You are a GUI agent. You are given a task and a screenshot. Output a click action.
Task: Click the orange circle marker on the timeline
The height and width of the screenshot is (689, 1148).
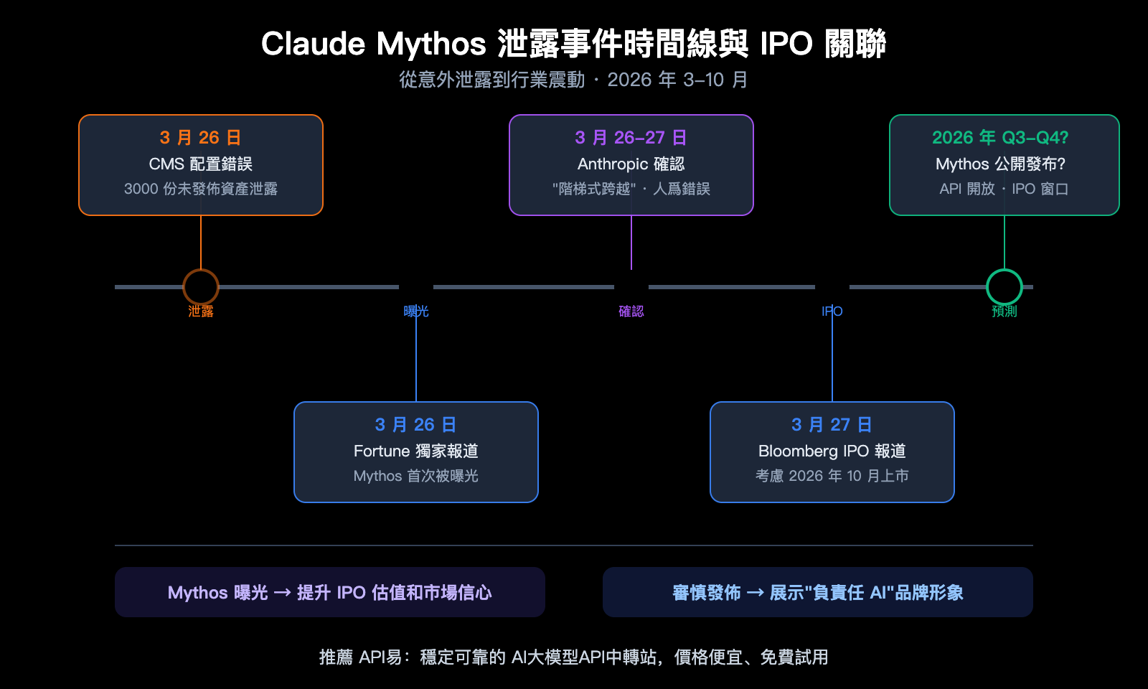click(x=201, y=287)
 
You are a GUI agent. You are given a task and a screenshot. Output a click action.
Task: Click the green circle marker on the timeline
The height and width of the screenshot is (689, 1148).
click(x=1004, y=287)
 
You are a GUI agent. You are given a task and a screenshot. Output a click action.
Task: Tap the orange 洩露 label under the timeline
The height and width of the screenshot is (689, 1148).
click(x=201, y=311)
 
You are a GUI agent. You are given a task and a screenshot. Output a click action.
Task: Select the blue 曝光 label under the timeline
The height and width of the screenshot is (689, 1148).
click(x=416, y=311)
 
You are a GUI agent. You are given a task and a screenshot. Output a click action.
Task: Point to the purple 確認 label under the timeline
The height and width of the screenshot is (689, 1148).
click(x=631, y=311)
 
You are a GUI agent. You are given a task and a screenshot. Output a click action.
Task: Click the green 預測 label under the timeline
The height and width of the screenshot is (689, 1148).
click(x=1004, y=311)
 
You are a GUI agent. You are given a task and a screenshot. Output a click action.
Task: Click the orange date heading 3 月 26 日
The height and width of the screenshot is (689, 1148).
click(x=201, y=138)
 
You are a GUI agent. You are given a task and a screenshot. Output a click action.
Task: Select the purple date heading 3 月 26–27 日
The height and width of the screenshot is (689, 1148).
click(x=631, y=138)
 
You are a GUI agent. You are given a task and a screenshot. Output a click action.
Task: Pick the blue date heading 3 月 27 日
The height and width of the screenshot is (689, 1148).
click(x=832, y=425)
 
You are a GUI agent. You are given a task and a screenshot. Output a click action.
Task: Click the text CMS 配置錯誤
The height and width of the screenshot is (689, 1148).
click(x=201, y=164)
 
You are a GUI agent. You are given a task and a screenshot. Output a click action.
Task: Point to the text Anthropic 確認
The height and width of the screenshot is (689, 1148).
click(x=631, y=164)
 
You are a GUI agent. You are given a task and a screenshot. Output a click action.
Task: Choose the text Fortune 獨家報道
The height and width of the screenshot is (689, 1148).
click(x=416, y=451)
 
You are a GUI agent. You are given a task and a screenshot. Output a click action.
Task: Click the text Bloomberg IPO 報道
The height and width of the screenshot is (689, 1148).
click(x=832, y=451)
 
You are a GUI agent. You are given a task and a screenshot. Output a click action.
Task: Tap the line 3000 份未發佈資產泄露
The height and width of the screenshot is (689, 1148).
click(x=201, y=189)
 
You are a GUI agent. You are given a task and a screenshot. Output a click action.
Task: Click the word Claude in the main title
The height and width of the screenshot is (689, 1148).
click(x=313, y=44)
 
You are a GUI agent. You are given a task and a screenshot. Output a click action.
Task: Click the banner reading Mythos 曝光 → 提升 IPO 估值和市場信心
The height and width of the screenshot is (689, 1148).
click(x=330, y=593)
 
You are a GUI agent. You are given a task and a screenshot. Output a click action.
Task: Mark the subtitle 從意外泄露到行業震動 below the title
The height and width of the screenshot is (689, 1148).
click(x=492, y=80)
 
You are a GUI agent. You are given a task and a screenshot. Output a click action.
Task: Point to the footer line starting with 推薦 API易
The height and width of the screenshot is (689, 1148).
click(x=574, y=657)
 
